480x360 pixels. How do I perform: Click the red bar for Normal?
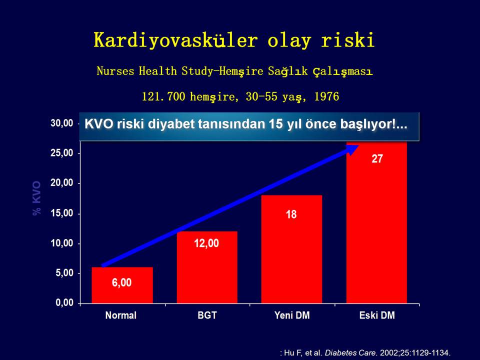[122, 285]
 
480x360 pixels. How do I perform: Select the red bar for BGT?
[207, 267]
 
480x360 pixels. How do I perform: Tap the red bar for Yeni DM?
[291, 249]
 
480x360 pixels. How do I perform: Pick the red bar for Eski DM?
[376, 222]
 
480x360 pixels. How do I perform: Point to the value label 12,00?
[206, 243]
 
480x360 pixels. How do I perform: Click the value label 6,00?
[122, 282]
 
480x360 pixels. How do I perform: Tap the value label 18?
[291, 214]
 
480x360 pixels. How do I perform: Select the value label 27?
[377, 158]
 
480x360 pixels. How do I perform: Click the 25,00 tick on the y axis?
[62, 153]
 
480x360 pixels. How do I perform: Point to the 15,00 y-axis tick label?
[62, 213]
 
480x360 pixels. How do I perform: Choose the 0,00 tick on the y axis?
[64, 303]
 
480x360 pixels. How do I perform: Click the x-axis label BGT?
[207, 315]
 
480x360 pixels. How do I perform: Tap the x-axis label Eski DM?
[377, 315]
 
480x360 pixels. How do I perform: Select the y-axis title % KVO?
[36, 198]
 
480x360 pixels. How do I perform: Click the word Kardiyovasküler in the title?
[175, 40]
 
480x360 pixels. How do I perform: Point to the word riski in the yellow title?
[348, 39]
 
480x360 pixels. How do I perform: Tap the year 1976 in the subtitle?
[326, 96]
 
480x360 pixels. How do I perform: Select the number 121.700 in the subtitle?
[163, 96]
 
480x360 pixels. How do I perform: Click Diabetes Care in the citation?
[350, 352]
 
